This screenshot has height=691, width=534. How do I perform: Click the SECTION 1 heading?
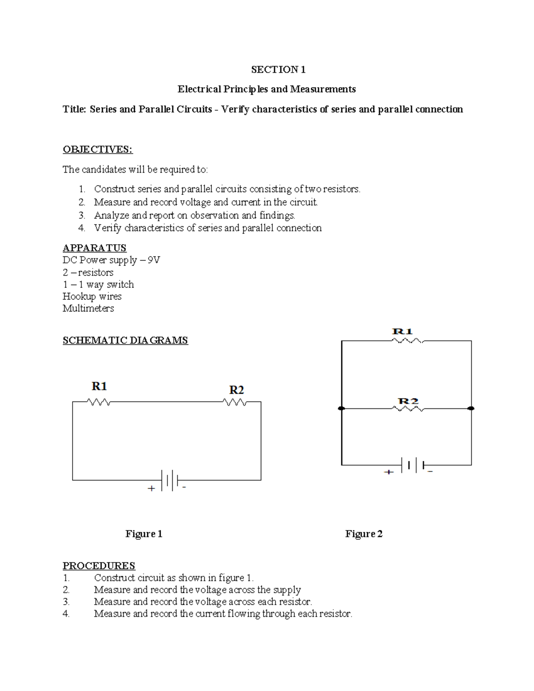pyautogui.click(x=278, y=69)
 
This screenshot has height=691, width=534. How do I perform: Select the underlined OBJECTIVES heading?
pyautogui.click(x=97, y=150)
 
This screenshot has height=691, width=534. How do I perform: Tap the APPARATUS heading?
pyautogui.click(x=94, y=248)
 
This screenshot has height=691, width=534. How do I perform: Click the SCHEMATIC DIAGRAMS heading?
pyautogui.click(x=125, y=340)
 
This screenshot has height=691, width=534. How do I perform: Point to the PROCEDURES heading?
pyautogui.click(x=99, y=566)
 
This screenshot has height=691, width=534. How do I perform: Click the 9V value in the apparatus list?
pyautogui.click(x=154, y=260)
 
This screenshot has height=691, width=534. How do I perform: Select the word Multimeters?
pyautogui.click(x=88, y=308)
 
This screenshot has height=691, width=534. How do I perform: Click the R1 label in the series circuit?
pyautogui.click(x=99, y=386)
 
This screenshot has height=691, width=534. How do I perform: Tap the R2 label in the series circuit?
pyautogui.click(x=236, y=390)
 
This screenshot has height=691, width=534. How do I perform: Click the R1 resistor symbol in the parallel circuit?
pyautogui.click(x=407, y=341)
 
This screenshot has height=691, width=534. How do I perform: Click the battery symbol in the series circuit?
pyautogui.click(x=170, y=481)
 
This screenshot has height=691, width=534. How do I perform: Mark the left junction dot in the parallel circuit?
pyautogui.click(x=341, y=408)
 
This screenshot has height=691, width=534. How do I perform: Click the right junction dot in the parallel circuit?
pyautogui.click(x=471, y=408)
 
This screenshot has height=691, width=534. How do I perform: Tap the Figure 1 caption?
pyautogui.click(x=144, y=534)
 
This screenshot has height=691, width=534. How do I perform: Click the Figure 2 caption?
pyautogui.click(x=364, y=534)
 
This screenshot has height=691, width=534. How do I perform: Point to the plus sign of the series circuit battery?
pyautogui.click(x=151, y=489)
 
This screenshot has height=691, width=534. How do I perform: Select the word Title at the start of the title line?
pyautogui.click(x=74, y=109)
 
